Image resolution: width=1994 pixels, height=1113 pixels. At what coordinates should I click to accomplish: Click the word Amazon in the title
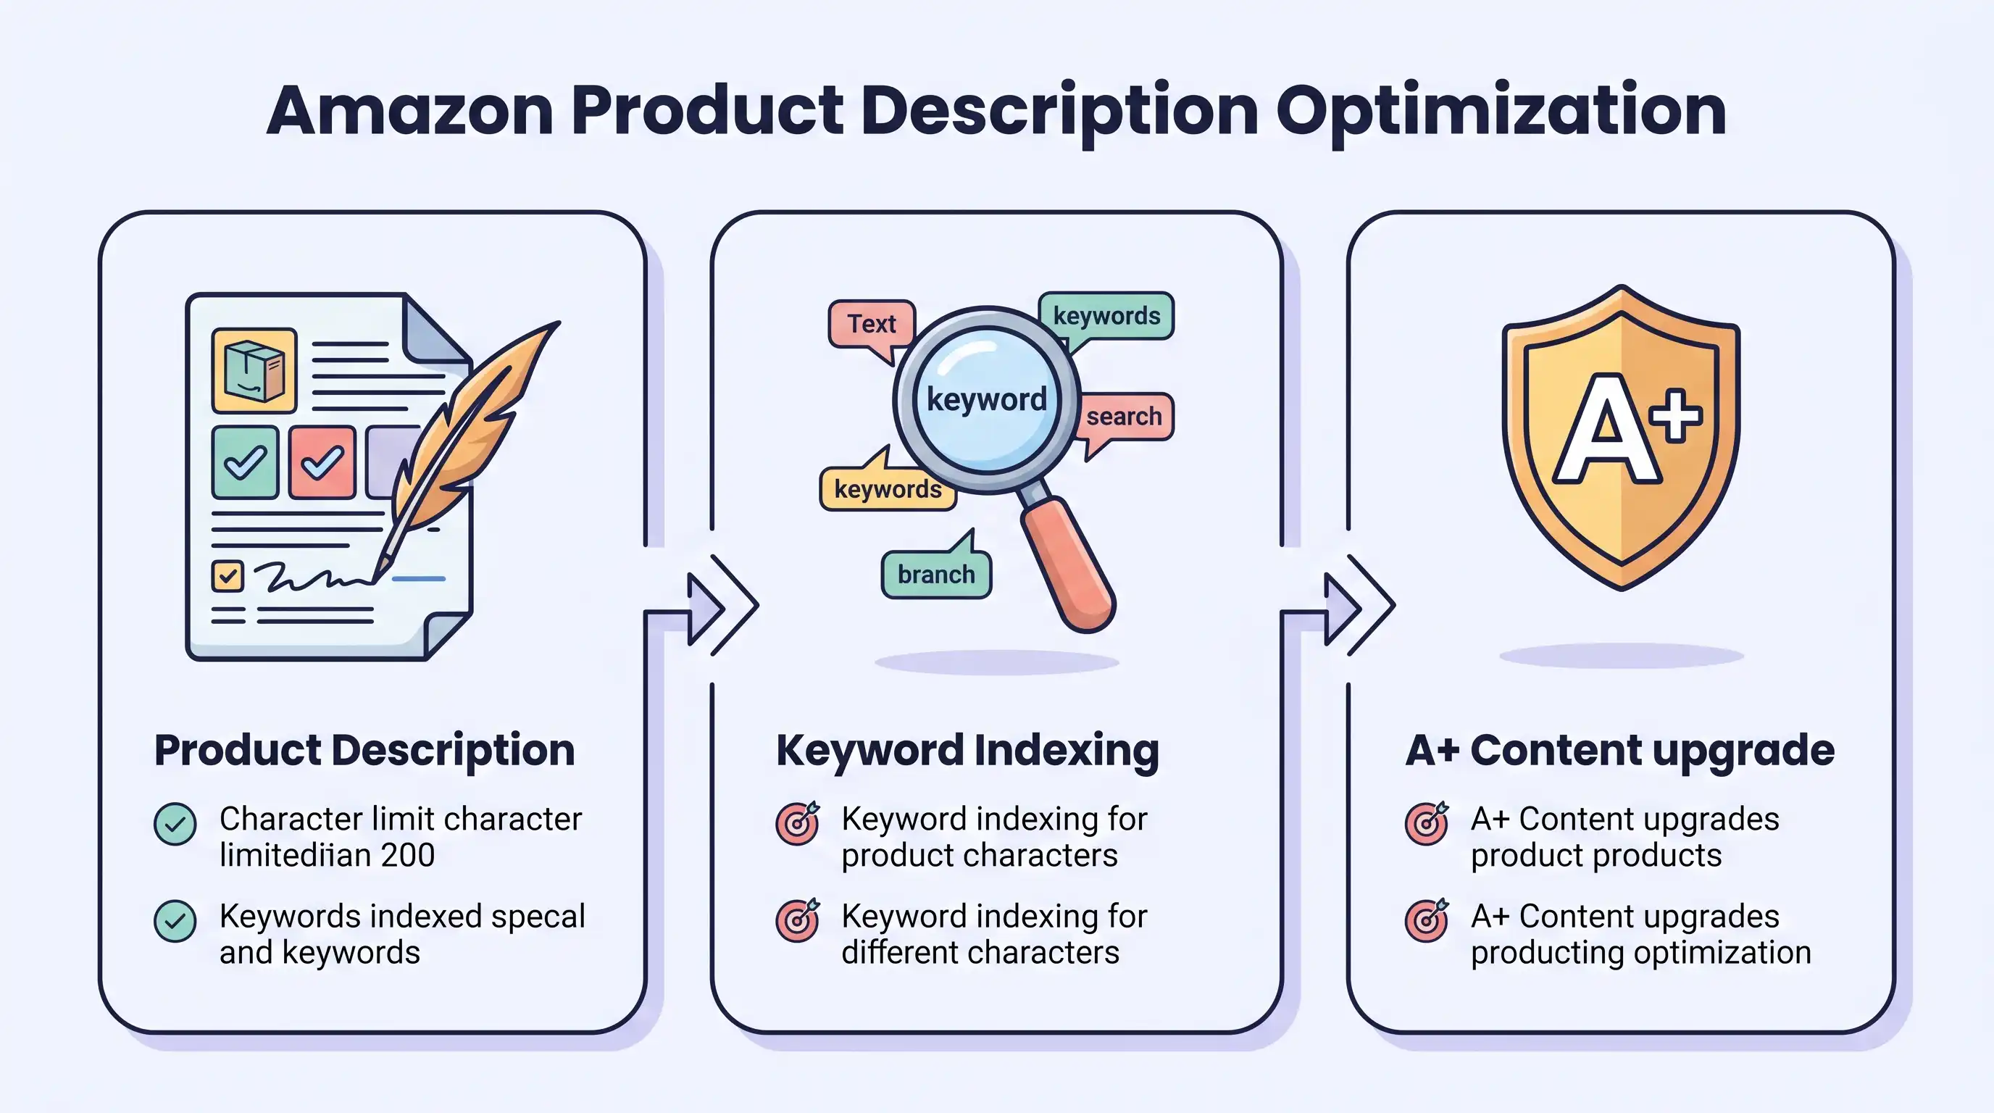tap(409, 112)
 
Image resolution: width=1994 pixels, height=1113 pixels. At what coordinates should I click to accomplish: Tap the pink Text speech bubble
tap(872, 323)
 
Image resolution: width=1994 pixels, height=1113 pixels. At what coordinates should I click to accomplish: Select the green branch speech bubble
tap(936, 575)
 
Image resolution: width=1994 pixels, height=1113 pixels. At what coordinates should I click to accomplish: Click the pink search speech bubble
tap(1124, 417)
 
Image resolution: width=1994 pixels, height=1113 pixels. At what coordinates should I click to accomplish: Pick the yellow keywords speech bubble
tap(888, 489)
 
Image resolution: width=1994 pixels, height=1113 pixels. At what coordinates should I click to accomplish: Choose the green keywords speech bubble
tap(1106, 316)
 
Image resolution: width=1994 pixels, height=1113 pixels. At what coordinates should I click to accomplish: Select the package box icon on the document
tap(254, 371)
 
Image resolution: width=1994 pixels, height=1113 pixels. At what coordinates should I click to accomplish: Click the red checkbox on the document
tap(322, 462)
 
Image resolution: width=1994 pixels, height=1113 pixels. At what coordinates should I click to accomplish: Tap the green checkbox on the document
tap(245, 462)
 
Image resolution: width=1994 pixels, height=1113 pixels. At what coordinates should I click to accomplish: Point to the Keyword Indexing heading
tap(967, 750)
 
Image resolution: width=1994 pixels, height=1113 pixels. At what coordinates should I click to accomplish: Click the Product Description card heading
tap(364, 750)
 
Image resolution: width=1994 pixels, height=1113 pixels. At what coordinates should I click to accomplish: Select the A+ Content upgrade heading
tap(1619, 750)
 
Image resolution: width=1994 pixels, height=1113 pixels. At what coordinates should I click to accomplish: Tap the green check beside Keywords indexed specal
tap(175, 921)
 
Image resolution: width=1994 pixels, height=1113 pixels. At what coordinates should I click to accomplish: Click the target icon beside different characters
tap(797, 921)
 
